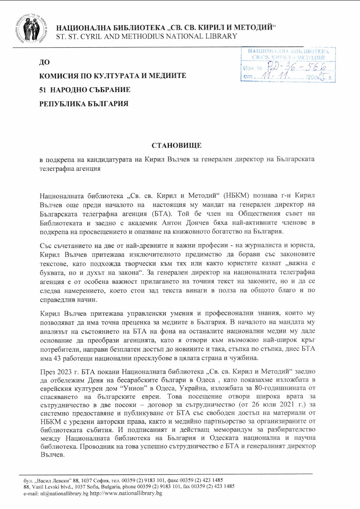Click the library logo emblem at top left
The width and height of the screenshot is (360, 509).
30,27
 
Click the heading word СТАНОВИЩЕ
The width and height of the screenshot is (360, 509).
176,145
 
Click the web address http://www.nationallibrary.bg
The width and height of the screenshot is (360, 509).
126,494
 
